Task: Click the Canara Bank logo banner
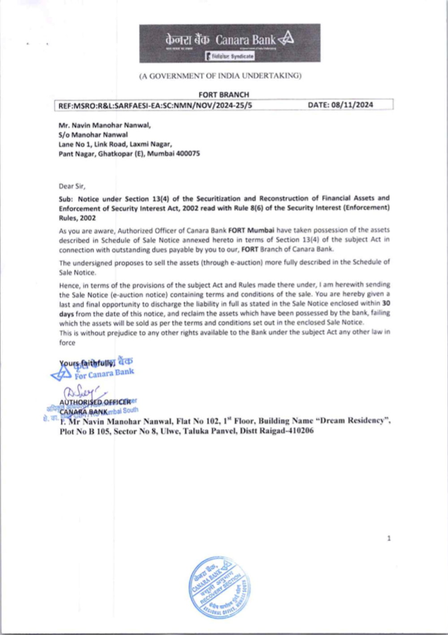[x=229, y=43]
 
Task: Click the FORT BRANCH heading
[x=224, y=95]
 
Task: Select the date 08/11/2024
[x=352, y=105]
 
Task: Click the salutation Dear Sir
[x=72, y=186]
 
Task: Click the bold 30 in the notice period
[x=386, y=303]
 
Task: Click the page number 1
[x=389, y=538]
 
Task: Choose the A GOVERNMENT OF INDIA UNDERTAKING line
[x=220, y=76]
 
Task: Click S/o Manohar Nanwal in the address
[x=93, y=134]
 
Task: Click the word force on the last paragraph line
[x=67, y=343]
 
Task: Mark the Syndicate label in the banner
[x=242, y=56]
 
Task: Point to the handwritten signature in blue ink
[x=81, y=393]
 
